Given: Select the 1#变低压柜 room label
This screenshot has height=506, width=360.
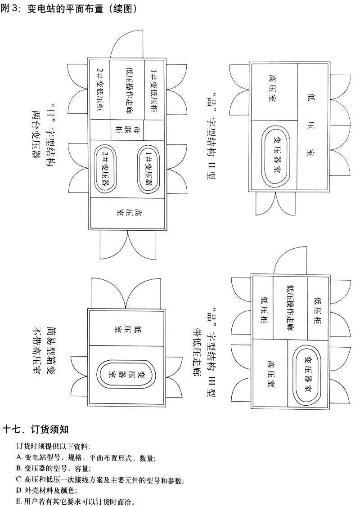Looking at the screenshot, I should tap(153, 90).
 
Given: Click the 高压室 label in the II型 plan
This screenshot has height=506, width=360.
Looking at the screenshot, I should tap(273, 92).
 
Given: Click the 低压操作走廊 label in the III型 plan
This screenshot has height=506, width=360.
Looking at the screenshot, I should tap(290, 308).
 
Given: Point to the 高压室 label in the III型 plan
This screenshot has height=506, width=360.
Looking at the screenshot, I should tap(271, 373).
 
